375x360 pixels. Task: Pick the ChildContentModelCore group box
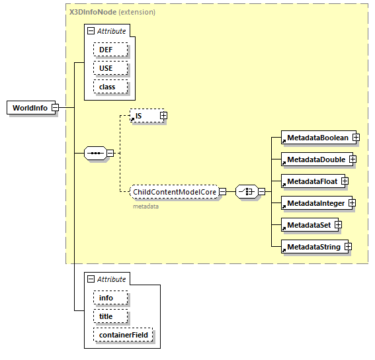click(x=174, y=192)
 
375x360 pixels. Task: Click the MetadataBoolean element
click(x=317, y=138)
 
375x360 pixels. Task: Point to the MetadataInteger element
click(x=315, y=203)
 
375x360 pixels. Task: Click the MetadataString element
click(x=313, y=247)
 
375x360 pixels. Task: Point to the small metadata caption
click(x=146, y=206)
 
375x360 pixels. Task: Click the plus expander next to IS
click(x=163, y=116)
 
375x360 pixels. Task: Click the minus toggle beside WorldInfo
click(x=56, y=108)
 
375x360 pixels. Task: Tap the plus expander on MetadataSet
click(x=338, y=225)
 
